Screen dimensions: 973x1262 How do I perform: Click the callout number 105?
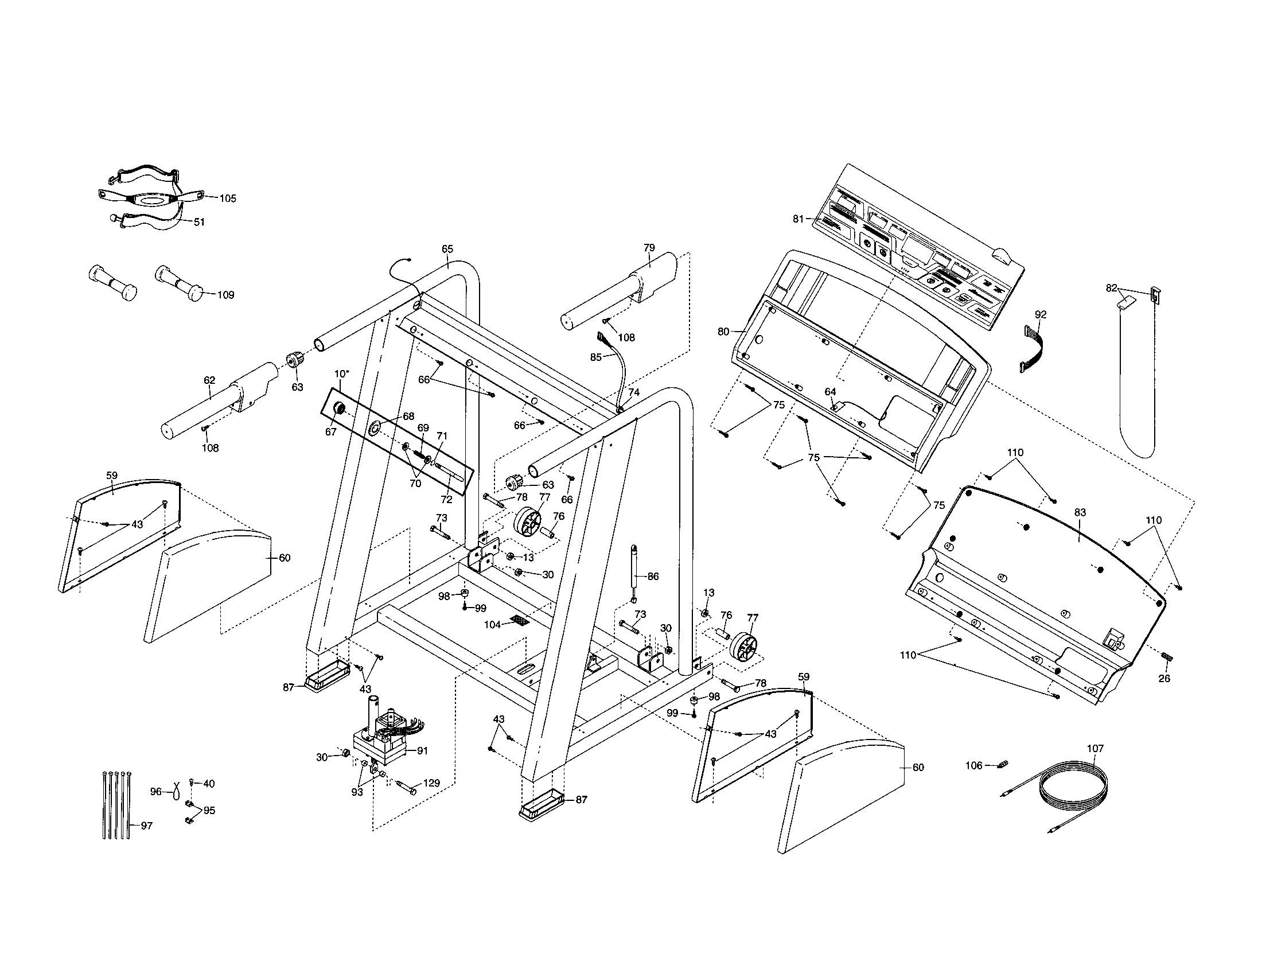click(228, 198)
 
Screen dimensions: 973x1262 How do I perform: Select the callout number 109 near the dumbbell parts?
click(225, 295)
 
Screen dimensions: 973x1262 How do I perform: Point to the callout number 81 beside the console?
click(798, 219)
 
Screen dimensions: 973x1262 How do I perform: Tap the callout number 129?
click(431, 784)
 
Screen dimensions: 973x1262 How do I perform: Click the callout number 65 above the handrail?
click(447, 249)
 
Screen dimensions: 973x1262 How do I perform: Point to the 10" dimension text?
click(341, 374)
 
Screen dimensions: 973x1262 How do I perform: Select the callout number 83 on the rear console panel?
click(1080, 512)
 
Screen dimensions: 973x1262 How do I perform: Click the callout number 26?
click(1164, 678)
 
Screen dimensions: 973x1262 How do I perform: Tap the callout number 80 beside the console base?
click(723, 332)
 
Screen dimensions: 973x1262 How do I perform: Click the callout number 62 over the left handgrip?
click(209, 380)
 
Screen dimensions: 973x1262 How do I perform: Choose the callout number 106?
click(973, 765)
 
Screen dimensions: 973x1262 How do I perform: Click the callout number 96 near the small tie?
click(156, 792)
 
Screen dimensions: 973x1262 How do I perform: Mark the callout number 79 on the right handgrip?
click(649, 247)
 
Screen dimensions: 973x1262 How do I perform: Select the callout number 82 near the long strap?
click(1111, 289)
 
